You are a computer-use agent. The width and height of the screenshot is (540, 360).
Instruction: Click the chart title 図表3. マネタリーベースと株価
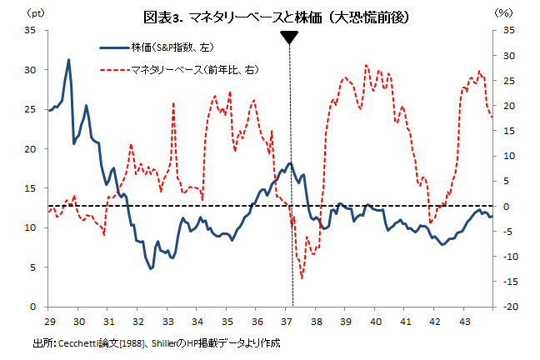[268, 17]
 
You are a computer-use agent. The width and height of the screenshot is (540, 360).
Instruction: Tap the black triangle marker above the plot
[289, 37]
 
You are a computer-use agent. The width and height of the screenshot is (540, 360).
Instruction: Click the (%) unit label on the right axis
[503, 13]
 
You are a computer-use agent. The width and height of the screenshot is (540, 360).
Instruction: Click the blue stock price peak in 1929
[68, 60]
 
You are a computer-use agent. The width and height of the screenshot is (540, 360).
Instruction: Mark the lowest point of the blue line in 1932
[150, 268]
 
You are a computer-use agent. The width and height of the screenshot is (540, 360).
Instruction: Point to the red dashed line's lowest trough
[302, 278]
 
